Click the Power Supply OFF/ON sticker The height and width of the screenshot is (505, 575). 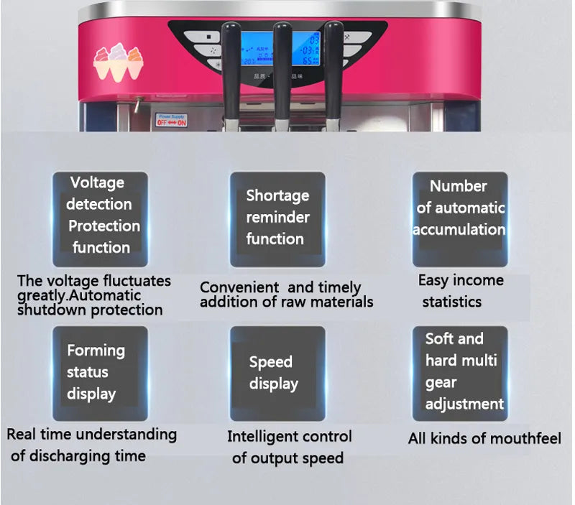click(x=172, y=120)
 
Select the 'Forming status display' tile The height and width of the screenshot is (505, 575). click(x=100, y=374)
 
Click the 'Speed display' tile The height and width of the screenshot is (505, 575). click(x=277, y=374)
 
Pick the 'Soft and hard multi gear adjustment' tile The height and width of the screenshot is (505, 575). click(x=460, y=374)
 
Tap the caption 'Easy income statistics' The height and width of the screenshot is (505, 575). click(x=460, y=290)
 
